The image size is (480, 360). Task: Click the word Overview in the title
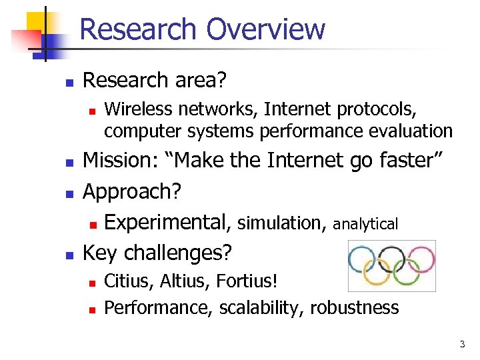[265, 30]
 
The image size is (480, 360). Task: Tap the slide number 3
[461, 344]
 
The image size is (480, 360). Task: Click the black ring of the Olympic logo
[391, 258]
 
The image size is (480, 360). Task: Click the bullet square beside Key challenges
[67, 254]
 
